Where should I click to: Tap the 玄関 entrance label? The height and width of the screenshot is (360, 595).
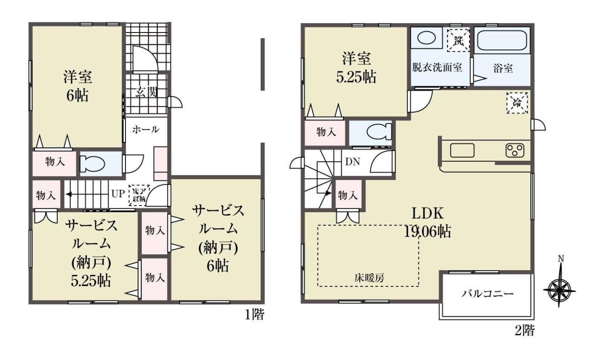(146, 92)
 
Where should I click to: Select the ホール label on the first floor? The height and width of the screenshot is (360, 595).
(146, 130)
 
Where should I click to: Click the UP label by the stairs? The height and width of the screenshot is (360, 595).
(118, 194)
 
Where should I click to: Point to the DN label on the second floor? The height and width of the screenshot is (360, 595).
(352, 162)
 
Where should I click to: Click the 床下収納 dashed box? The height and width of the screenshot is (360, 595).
(139, 195)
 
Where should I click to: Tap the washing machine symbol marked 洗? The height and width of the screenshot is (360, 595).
(458, 40)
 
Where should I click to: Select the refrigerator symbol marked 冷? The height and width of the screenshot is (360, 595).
(517, 103)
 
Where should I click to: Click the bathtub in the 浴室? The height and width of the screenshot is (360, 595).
(502, 40)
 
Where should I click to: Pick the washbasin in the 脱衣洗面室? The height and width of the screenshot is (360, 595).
(426, 38)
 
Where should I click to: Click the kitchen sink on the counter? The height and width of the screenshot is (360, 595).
(462, 151)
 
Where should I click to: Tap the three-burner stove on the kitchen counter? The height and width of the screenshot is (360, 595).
(515, 150)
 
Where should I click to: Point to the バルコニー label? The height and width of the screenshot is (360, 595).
(487, 294)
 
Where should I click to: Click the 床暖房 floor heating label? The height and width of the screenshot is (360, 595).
(370, 278)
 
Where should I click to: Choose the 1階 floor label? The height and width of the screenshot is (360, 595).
(254, 315)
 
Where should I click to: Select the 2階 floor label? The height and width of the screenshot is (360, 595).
(525, 331)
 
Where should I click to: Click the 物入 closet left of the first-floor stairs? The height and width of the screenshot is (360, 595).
(46, 195)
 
